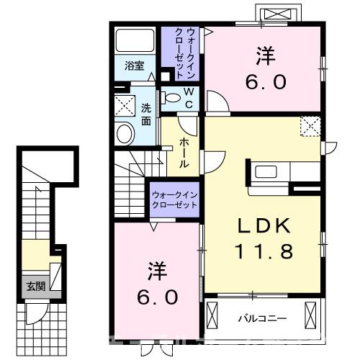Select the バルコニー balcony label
[x=263, y=318]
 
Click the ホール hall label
[x=184, y=152]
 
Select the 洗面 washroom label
[x=146, y=115]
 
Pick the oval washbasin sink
[x=125, y=134]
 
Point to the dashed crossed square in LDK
[x=311, y=127]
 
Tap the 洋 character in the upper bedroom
[x=266, y=55]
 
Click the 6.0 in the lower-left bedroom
[x=158, y=296]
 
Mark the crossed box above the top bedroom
[x=278, y=15]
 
